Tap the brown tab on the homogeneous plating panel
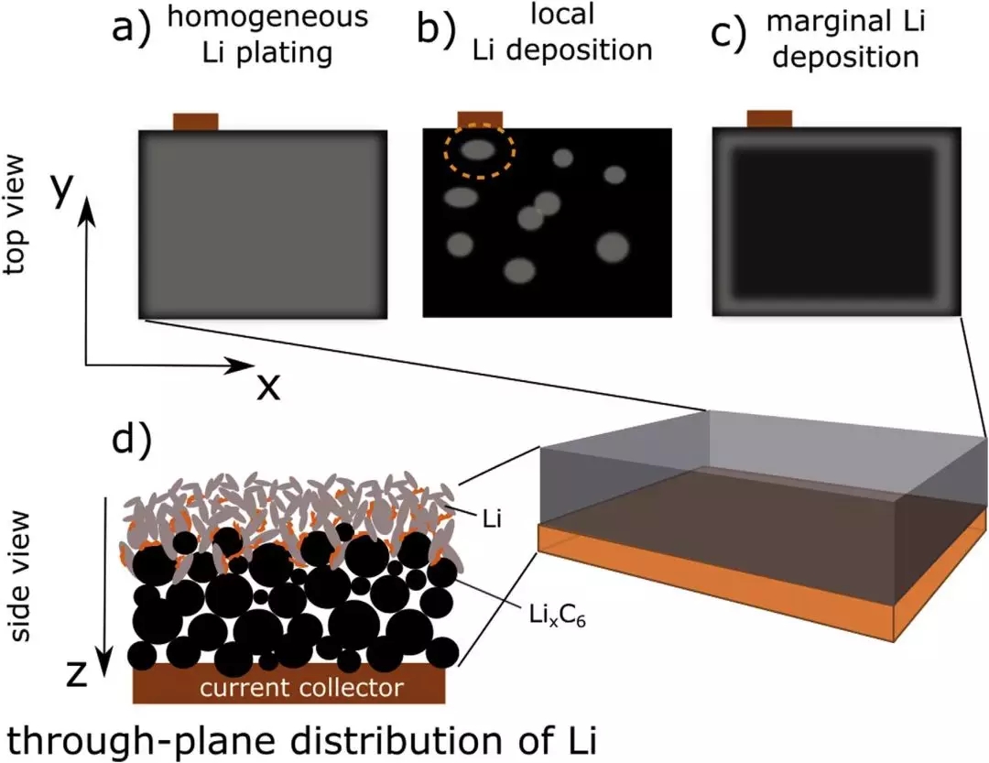[x=196, y=122]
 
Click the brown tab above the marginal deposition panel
[x=770, y=119]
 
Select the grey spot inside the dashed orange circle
[x=476, y=149]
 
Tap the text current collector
[x=290, y=686]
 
